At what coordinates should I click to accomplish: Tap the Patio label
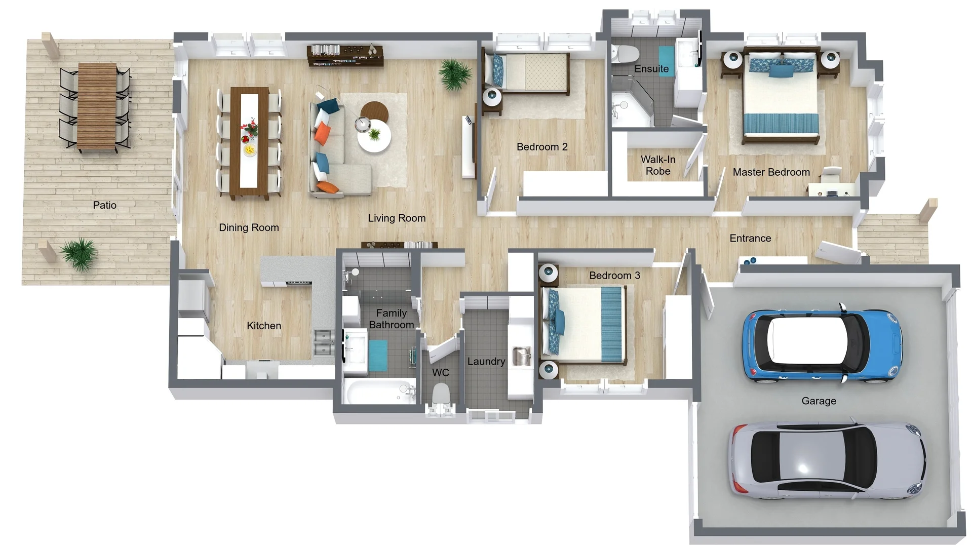pyautogui.click(x=104, y=205)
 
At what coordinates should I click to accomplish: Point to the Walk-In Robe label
pyautogui.click(x=658, y=165)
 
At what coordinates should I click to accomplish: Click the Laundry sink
pyautogui.click(x=521, y=356)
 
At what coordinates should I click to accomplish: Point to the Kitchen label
pyautogui.click(x=263, y=326)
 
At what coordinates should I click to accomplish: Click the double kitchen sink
pyautogui.click(x=323, y=342)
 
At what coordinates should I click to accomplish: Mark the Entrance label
pyautogui.click(x=750, y=238)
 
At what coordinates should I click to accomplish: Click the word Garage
pyautogui.click(x=818, y=401)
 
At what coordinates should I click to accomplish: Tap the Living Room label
pyautogui.click(x=396, y=218)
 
